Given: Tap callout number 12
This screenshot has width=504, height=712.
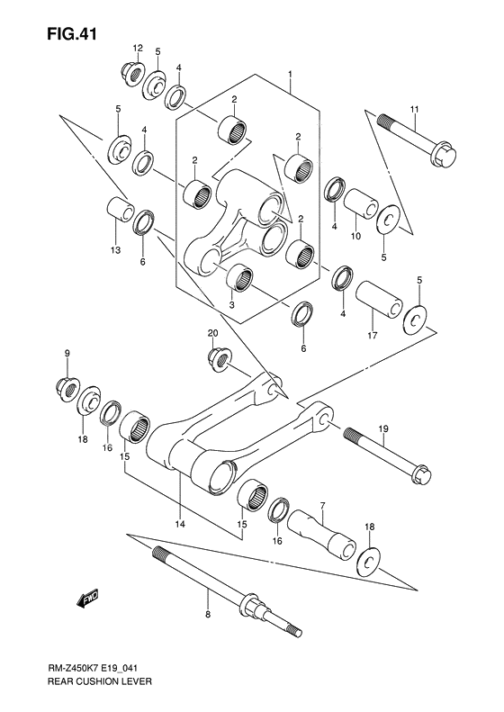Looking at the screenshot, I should [x=139, y=47].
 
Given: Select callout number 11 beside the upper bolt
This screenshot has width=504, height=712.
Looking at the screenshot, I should [x=415, y=110].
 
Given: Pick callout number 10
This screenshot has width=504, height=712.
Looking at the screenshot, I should [x=356, y=236].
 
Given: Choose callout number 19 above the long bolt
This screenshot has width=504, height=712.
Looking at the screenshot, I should [x=382, y=428].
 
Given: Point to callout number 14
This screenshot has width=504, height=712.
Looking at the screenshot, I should [x=180, y=523].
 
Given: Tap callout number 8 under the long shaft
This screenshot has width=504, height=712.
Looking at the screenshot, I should [x=207, y=616].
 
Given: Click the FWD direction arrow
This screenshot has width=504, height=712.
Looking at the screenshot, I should [x=87, y=598].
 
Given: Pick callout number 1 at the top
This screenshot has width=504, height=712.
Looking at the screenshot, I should [x=290, y=72].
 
